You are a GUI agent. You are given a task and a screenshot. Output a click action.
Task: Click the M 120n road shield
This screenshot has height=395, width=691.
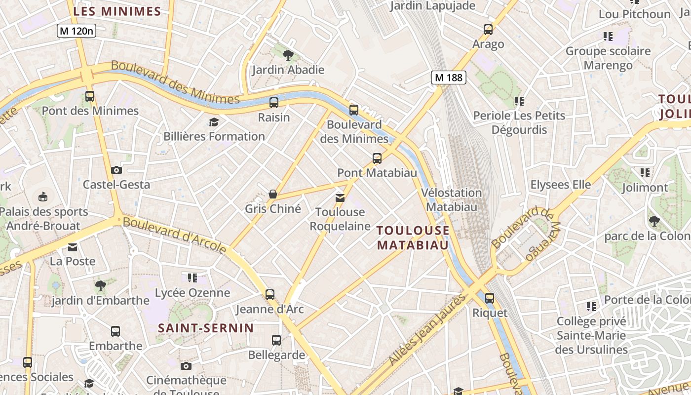[x=77, y=31]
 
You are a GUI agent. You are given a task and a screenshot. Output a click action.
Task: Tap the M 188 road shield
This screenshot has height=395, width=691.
[x=449, y=77]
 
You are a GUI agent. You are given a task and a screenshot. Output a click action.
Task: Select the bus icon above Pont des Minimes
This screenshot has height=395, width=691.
[x=89, y=96]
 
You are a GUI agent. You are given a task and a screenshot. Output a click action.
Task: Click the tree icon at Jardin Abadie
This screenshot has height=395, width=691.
[x=288, y=55]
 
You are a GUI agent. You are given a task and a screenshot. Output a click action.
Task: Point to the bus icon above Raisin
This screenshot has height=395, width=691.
[x=274, y=103]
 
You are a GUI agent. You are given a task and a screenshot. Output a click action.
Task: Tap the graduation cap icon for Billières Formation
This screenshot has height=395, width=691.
[x=214, y=122]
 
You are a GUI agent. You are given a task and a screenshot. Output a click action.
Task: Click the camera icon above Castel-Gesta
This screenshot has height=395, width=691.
[x=116, y=170]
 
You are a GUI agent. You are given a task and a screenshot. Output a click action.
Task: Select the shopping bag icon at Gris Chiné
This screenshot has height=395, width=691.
[x=272, y=194]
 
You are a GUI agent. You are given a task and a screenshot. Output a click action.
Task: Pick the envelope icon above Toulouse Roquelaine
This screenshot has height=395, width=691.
[x=340, y=198]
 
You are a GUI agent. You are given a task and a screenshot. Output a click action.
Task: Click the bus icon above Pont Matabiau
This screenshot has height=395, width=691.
[x=377, y=158]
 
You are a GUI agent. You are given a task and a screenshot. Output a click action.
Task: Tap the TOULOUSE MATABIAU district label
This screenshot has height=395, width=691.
[x=413, y=237]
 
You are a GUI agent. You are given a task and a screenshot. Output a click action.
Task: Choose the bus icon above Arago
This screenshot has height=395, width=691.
[x=488, y=30]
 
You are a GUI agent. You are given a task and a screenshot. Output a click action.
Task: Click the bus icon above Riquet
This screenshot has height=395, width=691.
[x=489, y=298]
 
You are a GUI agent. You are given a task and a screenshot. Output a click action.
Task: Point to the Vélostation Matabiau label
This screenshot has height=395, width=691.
[x=452, y=199]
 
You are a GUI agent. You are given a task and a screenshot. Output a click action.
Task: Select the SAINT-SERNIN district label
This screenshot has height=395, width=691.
[x=206, y=328]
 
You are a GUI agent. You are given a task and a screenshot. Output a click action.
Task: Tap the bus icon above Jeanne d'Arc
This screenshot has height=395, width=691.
[x=269, y=295]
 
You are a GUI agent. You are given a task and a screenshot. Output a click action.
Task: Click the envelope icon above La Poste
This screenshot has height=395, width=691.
[x=73, y=247]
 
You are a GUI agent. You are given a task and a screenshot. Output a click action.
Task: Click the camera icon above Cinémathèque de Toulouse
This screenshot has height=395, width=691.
[x=186, y=366]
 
